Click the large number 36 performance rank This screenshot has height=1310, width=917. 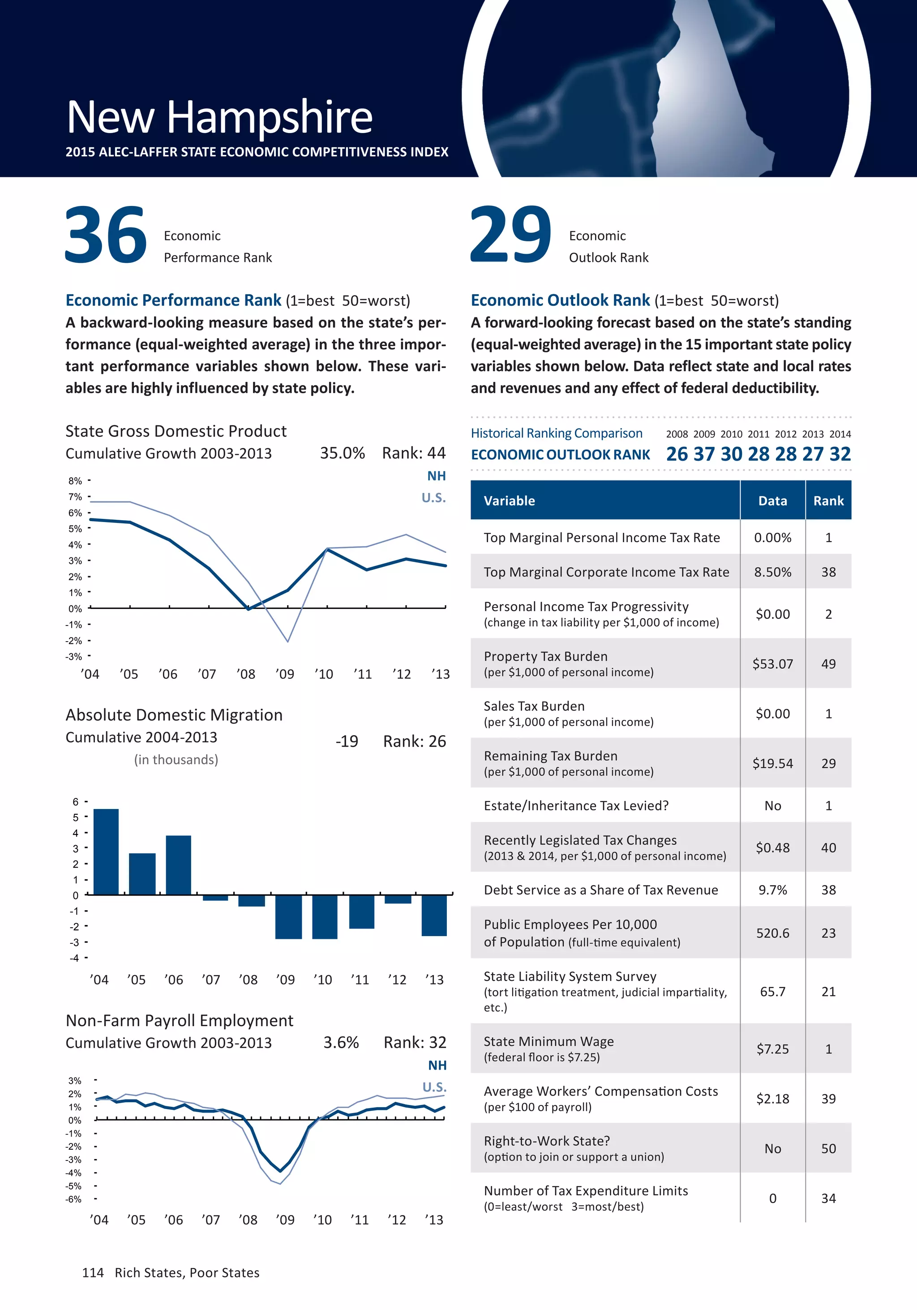[x=106, y=235]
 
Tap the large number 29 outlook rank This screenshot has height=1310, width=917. [x=511, y=235]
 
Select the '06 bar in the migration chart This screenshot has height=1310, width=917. [x=179, y=865]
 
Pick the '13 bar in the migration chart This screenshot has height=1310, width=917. [x=434, y=915]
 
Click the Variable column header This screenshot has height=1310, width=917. [x=510, y=501]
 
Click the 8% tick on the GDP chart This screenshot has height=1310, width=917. [x=75, y=481]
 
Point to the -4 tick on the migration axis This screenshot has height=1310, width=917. [x=74, y=958]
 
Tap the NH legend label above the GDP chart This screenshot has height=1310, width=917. [x=437, y=476]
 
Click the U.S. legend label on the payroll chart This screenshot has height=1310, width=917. [x=434, y=1087]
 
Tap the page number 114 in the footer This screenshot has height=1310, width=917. [x=93, y=1273]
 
